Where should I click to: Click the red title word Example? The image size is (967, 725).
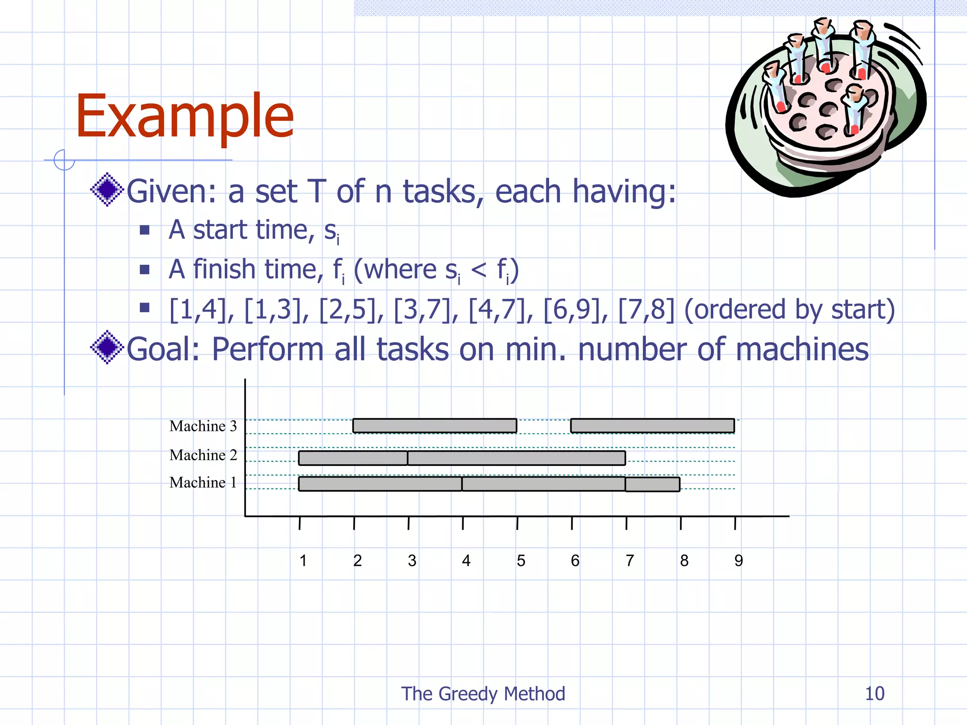[185, 116]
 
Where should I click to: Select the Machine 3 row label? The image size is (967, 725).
[203, 426]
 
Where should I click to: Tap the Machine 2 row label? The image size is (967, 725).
[203, 455]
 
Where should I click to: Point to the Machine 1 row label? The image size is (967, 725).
[203, 482]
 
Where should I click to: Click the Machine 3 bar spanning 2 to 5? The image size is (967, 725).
[434, 426]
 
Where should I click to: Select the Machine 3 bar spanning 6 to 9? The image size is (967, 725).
[653, 426]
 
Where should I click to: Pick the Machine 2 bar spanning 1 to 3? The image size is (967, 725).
[353, 458]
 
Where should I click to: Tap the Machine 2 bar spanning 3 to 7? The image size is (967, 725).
[517, 458]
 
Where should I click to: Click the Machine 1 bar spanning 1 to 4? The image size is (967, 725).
[380, 484]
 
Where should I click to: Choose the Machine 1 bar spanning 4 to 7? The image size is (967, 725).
[543, 484]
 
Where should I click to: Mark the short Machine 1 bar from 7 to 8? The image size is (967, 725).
[653, 484]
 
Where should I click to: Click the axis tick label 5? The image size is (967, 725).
[521, 561]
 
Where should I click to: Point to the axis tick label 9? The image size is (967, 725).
[738, 561]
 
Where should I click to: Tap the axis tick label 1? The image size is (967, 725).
[303, 561]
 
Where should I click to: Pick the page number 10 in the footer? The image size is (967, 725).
[874, 694]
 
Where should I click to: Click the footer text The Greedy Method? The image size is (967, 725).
[483, 694]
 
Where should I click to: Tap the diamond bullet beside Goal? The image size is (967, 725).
[107, 347]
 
